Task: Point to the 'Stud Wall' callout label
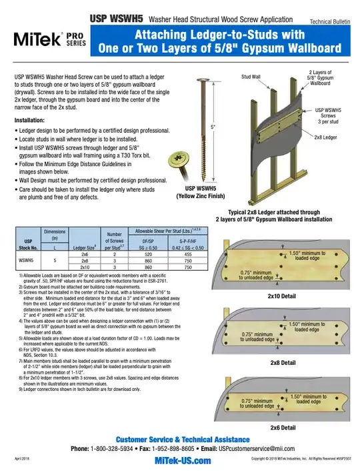pyautogui.click(x=251, y=77)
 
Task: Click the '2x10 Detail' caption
pyautogui.click(x=282, y=296)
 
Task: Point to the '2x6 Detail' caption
pyautogui.click(x=282, y=427)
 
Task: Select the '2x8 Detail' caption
pyautogui.click(x=282, y=362)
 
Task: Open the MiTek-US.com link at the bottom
pyautogui.click(x=179, y=460)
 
